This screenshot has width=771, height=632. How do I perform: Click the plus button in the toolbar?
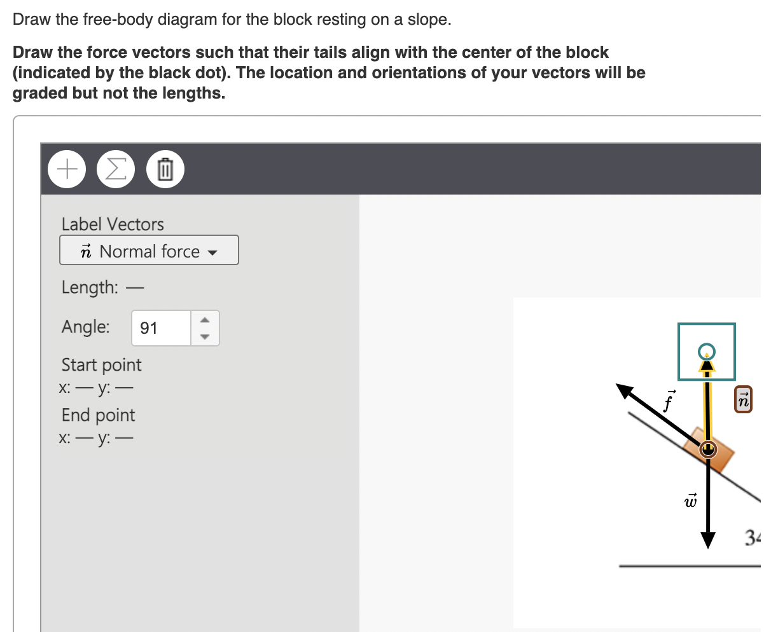(67, 169)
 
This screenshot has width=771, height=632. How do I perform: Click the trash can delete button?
(165, 169)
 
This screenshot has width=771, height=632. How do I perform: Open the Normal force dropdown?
(149, 251)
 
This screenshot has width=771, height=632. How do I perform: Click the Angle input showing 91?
(161, 328)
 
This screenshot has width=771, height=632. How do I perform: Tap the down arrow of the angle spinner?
(205, 336)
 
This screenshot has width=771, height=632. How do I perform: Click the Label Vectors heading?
(113, 224)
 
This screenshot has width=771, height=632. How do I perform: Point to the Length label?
(90, 287)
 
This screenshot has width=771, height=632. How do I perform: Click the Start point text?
(101, 365)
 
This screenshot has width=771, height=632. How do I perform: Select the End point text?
(98, 415)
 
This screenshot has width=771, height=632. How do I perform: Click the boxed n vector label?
(743, 399)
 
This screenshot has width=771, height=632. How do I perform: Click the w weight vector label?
(690, 500)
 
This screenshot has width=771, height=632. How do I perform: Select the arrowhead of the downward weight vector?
(707, 539)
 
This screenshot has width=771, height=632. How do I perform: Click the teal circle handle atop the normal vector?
(706, 351)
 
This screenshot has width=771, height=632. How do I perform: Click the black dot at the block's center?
(707, 450)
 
